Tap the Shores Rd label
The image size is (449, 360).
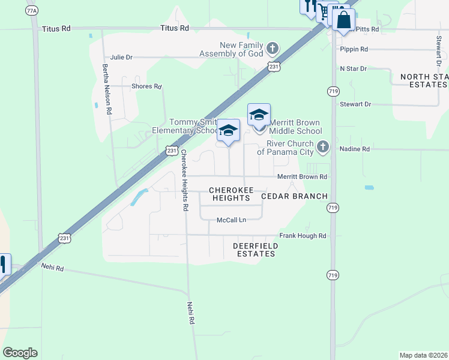coord(146,86)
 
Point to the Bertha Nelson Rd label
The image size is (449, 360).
coord(107,89)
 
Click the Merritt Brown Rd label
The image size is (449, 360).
coord(302,177)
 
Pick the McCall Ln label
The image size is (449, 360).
coord(231,220)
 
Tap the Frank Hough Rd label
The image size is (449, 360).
coord(303,236)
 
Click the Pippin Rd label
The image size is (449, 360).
coord(354,49)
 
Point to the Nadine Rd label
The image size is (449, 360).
coord(354,149)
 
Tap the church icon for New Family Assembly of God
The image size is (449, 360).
coord(272,47)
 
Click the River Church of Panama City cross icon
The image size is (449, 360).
coord(323,146)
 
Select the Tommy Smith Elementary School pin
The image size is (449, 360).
coord(229,130)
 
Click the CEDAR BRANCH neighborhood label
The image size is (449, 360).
coord(295,196)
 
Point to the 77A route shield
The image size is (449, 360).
coord(32,11)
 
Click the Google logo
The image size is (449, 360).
coord(20,353)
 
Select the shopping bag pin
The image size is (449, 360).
coord(343,19)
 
